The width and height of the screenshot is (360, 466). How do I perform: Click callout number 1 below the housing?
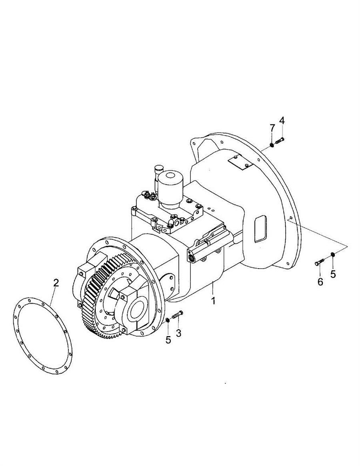(x=213, y=301)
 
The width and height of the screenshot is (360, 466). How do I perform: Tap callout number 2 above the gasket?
(x=56, y=283)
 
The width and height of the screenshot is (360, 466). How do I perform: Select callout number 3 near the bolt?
(x=178, y=333)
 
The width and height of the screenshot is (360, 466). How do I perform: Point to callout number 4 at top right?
(x=282, y=121)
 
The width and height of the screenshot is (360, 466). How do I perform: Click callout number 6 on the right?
(x=320, y=282)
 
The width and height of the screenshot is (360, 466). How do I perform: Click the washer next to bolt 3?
(x=168, y=320)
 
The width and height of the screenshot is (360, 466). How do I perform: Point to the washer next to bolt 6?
(x=333, y=254)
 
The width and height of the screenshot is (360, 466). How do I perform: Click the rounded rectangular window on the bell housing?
(x=260, y=229)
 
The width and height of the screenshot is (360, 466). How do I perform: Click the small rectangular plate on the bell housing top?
(x=240, y=163)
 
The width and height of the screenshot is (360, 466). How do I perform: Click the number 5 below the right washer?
(x=333, y=274)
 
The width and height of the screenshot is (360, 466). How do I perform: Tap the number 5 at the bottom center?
(x=168, y=340)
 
